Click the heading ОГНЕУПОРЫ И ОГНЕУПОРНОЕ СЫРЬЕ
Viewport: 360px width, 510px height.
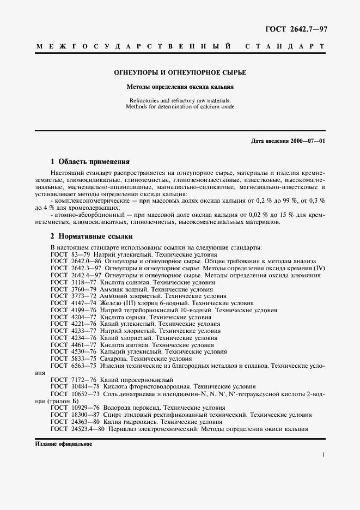tap(180, 72)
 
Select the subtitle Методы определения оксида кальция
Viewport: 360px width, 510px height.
tap(180, 86)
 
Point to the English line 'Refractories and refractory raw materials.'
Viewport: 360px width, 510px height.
tap(180, 100)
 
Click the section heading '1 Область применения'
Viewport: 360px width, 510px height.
tap(90, 161)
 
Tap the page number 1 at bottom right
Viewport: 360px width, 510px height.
tap(324, 454)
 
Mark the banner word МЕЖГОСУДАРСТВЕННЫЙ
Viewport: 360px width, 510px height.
tap(132, 47)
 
